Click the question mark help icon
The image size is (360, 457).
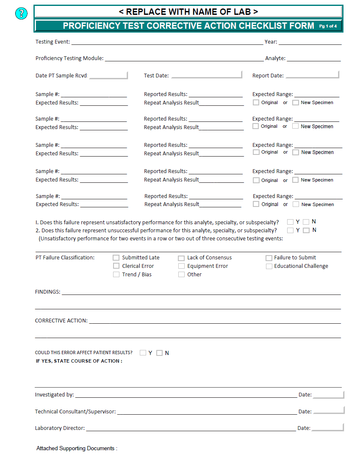21,14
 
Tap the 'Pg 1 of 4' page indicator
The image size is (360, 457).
328,26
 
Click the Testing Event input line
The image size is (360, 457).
167,42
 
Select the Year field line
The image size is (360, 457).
310,42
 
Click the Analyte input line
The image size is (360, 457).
313,58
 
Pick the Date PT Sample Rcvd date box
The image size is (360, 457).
108,75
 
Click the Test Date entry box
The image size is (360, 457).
206,75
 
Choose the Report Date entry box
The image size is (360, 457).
312,75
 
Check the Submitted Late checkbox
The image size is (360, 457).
116,257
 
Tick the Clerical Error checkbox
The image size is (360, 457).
116,266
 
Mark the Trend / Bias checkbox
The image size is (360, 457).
116,274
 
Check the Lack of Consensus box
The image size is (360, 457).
181,258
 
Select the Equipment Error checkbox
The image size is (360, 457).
181,266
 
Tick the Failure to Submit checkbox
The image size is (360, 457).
269,258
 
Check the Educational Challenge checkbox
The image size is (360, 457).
269,266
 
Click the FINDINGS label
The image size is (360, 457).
47,292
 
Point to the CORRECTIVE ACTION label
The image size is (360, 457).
61,321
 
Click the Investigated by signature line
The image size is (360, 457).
186,395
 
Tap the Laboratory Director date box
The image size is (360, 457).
327,428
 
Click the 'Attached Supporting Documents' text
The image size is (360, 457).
77,448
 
